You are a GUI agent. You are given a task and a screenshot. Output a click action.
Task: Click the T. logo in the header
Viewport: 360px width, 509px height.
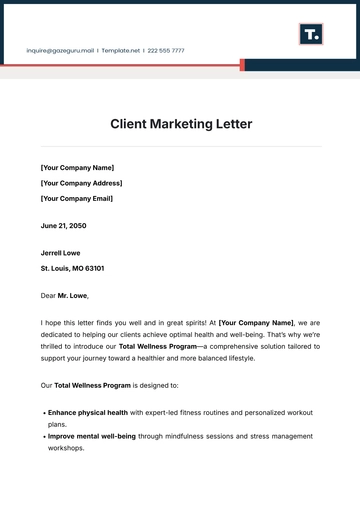click(x=311, y=35)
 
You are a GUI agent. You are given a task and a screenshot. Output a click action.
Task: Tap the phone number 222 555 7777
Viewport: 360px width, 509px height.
click(x=166, y=49)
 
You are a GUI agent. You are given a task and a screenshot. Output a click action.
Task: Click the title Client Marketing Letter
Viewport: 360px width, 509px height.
click(x=180, y=124)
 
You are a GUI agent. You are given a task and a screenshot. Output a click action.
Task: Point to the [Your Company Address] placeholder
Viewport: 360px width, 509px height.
click(x=81, y=183)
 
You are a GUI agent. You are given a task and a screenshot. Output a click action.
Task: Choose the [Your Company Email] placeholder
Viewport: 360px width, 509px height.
click(x=76, y=198)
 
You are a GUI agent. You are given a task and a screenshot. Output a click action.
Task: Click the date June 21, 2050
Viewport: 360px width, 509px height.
click(x=64, y=226)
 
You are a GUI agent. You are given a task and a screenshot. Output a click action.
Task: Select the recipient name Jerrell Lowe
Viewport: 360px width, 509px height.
click(x=60, y=253)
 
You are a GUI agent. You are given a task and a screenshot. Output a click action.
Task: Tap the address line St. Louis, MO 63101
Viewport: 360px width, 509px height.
click(x=72, y=268)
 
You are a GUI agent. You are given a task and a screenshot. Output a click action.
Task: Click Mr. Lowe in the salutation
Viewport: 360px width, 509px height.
click(x=73, y=296)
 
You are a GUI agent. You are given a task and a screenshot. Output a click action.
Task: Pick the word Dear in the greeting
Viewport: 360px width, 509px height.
click(x=48, y=296)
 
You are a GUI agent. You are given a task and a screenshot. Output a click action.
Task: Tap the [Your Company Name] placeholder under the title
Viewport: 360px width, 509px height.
click(x=77, y=168)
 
